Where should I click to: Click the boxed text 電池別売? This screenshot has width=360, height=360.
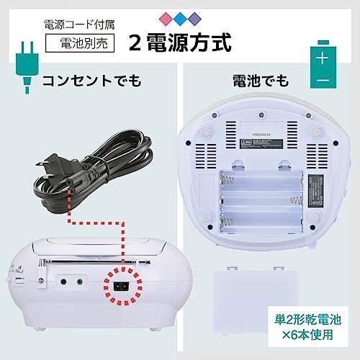(x=79, y=42)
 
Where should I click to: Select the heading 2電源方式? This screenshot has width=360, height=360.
(x=180, y=41)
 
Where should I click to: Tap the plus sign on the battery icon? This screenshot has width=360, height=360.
(x=324, y=56)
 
